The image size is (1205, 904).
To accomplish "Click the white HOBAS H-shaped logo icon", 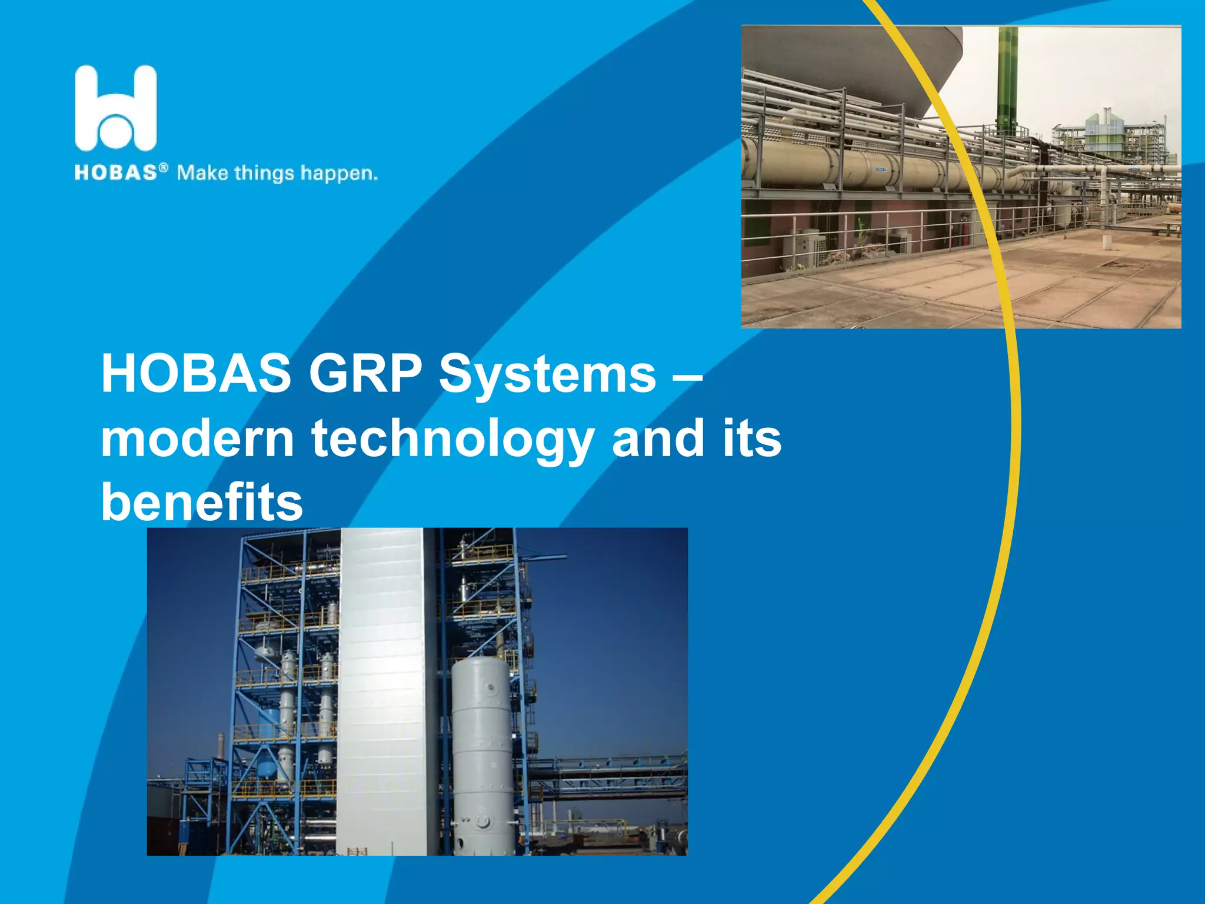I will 116,108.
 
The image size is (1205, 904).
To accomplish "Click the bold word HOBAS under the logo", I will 115,172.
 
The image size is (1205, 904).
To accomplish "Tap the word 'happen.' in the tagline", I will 339,174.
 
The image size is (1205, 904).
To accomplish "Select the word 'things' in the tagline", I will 264,174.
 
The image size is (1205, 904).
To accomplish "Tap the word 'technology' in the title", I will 452,440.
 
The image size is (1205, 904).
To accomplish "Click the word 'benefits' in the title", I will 202,502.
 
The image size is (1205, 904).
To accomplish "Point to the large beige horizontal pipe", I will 824,162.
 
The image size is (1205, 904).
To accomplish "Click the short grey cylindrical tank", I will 482,753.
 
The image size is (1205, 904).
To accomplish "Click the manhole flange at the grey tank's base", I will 482,821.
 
